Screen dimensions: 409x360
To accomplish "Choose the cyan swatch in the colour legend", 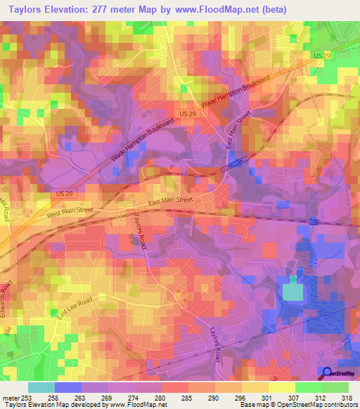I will point(41,387).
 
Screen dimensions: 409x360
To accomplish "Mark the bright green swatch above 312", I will point(308,387).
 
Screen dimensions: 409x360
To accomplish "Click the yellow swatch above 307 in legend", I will point(282,387).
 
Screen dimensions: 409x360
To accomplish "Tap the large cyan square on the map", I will point(292,292).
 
